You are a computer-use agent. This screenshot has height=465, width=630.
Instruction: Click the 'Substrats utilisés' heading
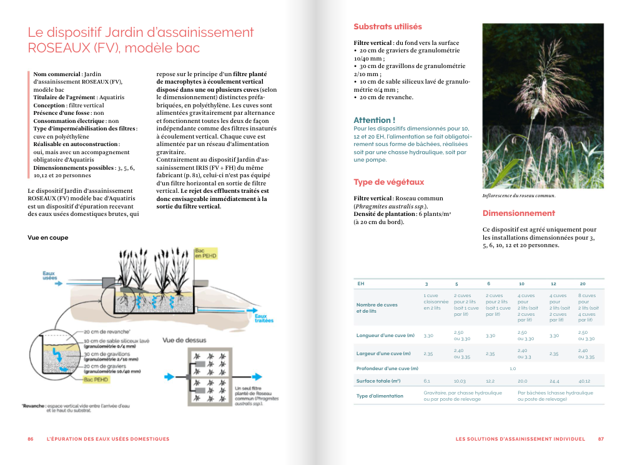point(387,27)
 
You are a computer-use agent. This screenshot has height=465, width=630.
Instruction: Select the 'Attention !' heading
point(374,120)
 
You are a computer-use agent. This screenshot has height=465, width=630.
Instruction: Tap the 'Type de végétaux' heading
point(388,182)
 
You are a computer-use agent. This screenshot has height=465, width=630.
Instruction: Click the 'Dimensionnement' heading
point(518,213)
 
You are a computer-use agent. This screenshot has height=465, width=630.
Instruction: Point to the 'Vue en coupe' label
point(48,238)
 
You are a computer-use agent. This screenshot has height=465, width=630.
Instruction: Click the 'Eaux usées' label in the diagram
point(49,275)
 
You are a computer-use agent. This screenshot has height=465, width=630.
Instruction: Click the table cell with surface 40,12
point(584,381)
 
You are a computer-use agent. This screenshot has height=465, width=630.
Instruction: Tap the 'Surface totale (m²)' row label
point(378,381)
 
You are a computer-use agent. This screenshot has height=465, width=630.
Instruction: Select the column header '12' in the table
point(553,284)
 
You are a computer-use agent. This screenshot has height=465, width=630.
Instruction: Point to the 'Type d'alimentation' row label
point(380,396)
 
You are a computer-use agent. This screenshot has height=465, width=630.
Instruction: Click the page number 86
point(31,439)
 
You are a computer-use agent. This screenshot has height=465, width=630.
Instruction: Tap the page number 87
point(601,439)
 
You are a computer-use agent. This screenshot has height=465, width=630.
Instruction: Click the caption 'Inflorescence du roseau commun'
point(518,196)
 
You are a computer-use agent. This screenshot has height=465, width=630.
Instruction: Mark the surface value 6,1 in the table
point(426,381)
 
